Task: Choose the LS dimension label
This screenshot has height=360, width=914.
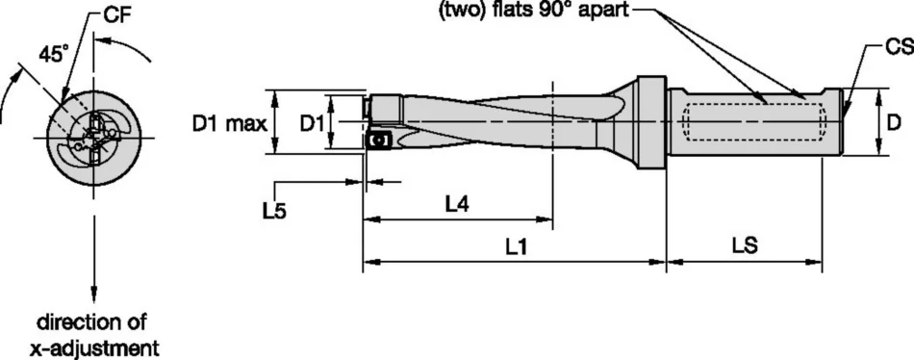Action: [744, 245]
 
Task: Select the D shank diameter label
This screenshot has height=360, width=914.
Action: [894, 122]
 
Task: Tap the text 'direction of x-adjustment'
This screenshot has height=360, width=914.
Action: [92, 333]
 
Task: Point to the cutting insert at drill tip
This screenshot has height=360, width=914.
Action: [377, 141]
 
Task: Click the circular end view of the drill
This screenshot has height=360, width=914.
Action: [92, 136]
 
